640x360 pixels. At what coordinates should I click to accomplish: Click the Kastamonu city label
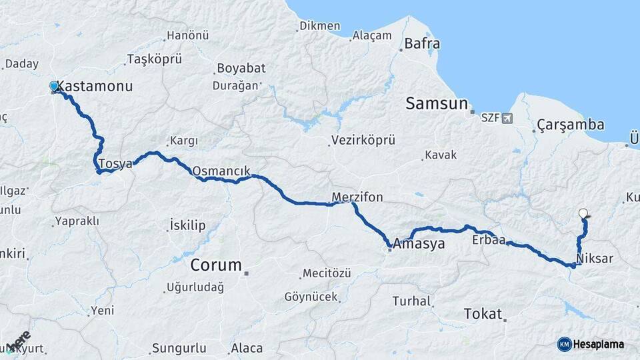click(95, 87)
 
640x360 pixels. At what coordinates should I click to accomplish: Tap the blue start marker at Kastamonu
click(54, 86)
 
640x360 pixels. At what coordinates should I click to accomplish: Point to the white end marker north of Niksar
click(583, 213)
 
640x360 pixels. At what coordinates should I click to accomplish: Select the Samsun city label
click(437, 103)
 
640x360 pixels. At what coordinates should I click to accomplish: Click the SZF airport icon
click(509, 119)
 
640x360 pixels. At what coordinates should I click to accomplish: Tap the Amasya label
click(419, 244)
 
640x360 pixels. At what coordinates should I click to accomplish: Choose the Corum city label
click(216, 265)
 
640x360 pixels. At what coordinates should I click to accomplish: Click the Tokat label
click(482, 314)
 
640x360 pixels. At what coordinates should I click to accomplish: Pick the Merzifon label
click(357, 197)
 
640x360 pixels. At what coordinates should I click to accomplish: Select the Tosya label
click(115, 163)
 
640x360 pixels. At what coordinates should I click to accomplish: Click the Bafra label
click(422, 45)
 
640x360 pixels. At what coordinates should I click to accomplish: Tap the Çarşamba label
click(571, 125)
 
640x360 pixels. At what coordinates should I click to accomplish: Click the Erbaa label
click(488, 239)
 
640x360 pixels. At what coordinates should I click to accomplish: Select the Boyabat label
click(240, 68)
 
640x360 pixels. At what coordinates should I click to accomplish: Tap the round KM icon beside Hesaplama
click(565, 344)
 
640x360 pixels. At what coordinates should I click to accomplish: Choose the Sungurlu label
click(179, 348)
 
